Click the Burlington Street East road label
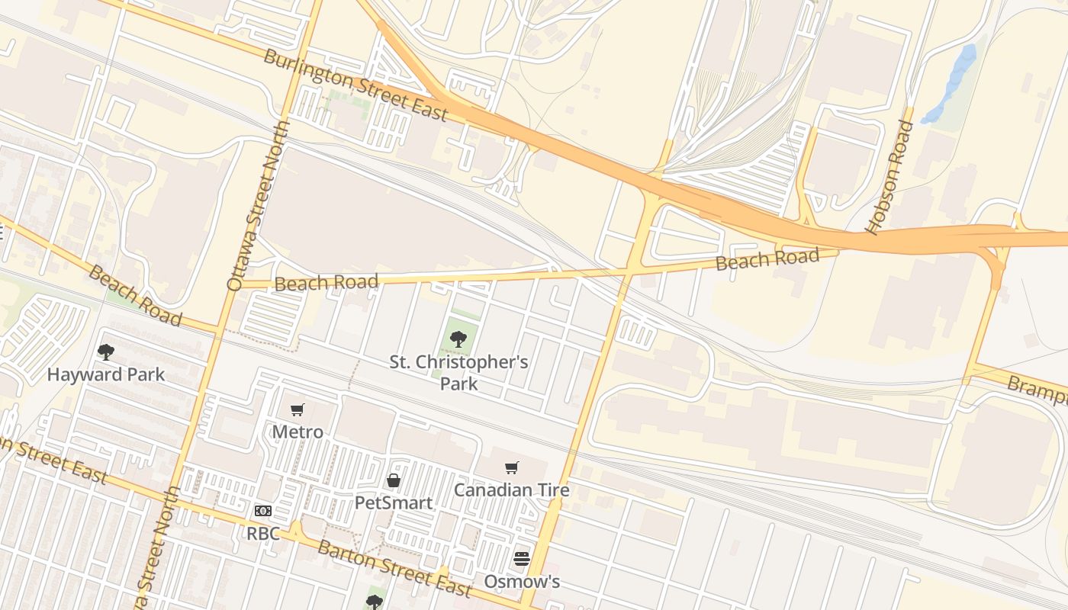pos(355,85)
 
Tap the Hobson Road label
pos(889,177)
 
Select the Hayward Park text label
pos(105,374)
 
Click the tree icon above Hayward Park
pos(106,352)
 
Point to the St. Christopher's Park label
pos(458,372)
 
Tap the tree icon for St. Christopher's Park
pos(458,339)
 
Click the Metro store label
pos(298,432)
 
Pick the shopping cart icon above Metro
pos(298,410)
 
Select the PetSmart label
pos(394,503)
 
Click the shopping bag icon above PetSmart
pos(394,480)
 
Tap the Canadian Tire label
pos(512,490)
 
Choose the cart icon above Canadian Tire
pos(512,467)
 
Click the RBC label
pos(263,533)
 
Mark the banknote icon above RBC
pos(263,511)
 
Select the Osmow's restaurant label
pos(522,582)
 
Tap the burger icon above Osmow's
pos(522,559)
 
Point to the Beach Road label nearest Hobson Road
pos(767,259)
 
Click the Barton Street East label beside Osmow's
pos(394,569)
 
